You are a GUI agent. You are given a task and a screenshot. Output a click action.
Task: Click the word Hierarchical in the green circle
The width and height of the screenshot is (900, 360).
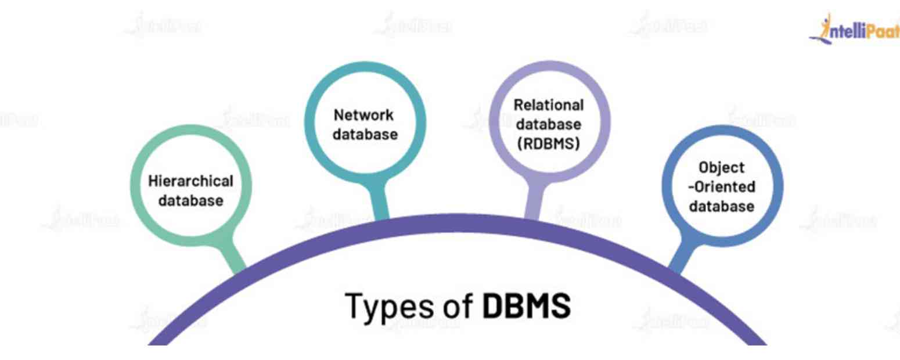point(191,181)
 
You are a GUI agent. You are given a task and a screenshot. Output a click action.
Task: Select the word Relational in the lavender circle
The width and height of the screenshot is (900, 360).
point(549,105)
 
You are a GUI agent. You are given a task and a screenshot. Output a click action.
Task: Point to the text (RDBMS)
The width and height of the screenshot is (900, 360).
point(549,143)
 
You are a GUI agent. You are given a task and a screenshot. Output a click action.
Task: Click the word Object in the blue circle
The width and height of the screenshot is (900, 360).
point(722,167)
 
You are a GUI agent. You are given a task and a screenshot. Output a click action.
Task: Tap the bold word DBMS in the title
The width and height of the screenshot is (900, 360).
point(527,305)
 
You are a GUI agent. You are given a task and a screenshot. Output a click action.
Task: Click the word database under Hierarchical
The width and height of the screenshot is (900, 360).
point(191,201)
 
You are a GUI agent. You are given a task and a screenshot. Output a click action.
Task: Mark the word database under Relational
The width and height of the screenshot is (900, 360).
point(549,124)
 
